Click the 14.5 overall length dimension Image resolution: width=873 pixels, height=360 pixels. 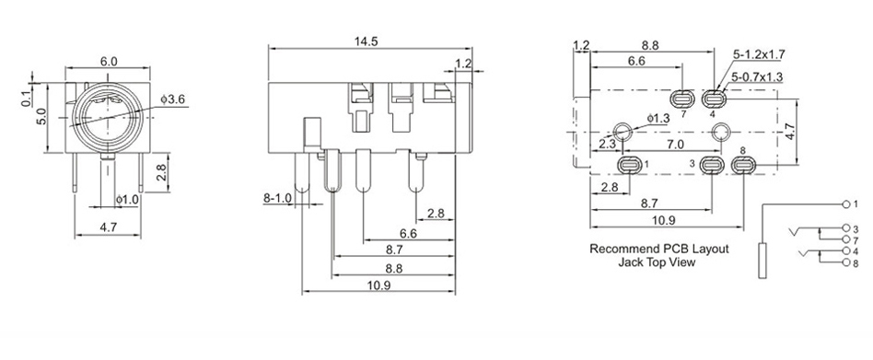click(366, 41)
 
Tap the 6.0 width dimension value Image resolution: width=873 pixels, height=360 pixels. click(109, 61)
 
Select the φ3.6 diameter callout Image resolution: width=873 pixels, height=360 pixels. click(172, 99)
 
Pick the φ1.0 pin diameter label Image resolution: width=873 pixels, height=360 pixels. click(127, 199)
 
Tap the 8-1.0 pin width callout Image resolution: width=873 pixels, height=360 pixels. click(277, 198)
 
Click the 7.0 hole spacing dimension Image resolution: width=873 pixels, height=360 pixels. click(675, 145)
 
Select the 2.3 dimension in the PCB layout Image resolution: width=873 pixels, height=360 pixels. click(608, 145)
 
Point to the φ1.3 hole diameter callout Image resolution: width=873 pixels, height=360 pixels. click(658, 119)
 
